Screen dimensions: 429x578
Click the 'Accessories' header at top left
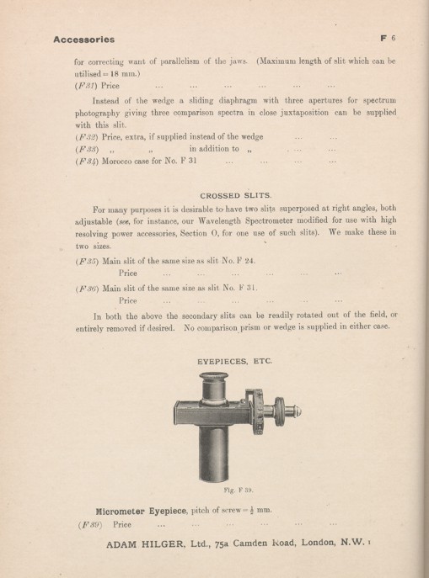[83, 39]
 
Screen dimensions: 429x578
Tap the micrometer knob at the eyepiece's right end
[296, 410]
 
